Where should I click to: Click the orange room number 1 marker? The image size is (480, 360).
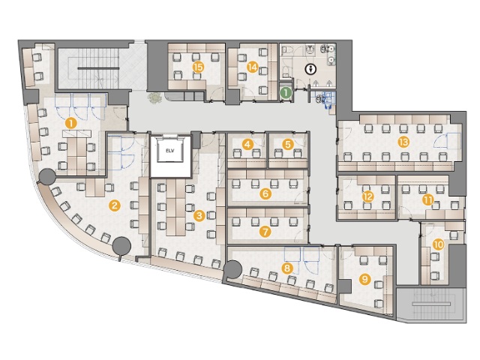[x=71, y=124]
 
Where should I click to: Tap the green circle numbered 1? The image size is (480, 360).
[x=286, y=92]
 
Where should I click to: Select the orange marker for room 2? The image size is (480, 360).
[x=115, y=205]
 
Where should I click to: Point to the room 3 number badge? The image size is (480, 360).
[x=199, y=216]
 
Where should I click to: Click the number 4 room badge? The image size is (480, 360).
[x=247, y=144]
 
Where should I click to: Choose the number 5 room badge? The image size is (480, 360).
[x=288, y=144]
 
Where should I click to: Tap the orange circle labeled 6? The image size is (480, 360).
[x=265, y=193]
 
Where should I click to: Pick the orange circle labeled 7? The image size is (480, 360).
[x=265, y=232]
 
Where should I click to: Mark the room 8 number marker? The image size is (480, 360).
[x=286, y=268]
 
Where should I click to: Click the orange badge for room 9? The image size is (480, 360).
[x=364, y=279]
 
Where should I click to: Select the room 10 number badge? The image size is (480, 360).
[x=438, y=244]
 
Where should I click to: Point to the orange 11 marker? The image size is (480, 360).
[x=428, y=200]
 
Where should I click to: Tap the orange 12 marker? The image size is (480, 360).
[x=367, y=196]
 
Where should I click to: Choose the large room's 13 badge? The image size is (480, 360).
[x=403, y=142]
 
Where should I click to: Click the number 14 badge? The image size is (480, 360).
[x=252, y=67]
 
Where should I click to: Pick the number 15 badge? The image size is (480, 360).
[x=199, y=67]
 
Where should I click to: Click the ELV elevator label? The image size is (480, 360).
[x=170, y=151]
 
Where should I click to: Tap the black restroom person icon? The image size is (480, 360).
[x=311, y=70]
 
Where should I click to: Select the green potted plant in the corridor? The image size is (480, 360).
[x=155, y=98]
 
